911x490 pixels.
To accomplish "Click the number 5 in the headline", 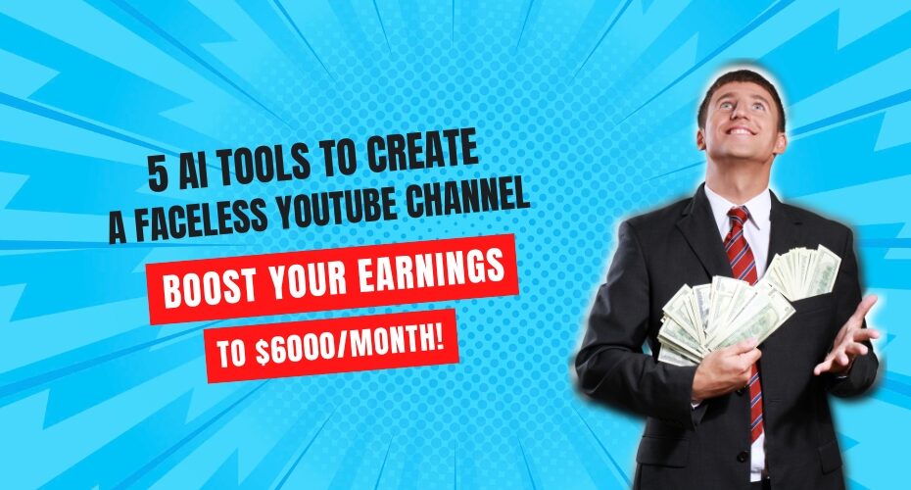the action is tap(158, 173).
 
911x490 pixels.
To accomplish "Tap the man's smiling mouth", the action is tap(742, 131).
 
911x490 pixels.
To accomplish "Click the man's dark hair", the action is tap(740, 87).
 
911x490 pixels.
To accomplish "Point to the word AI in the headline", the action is tap(191, 171).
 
